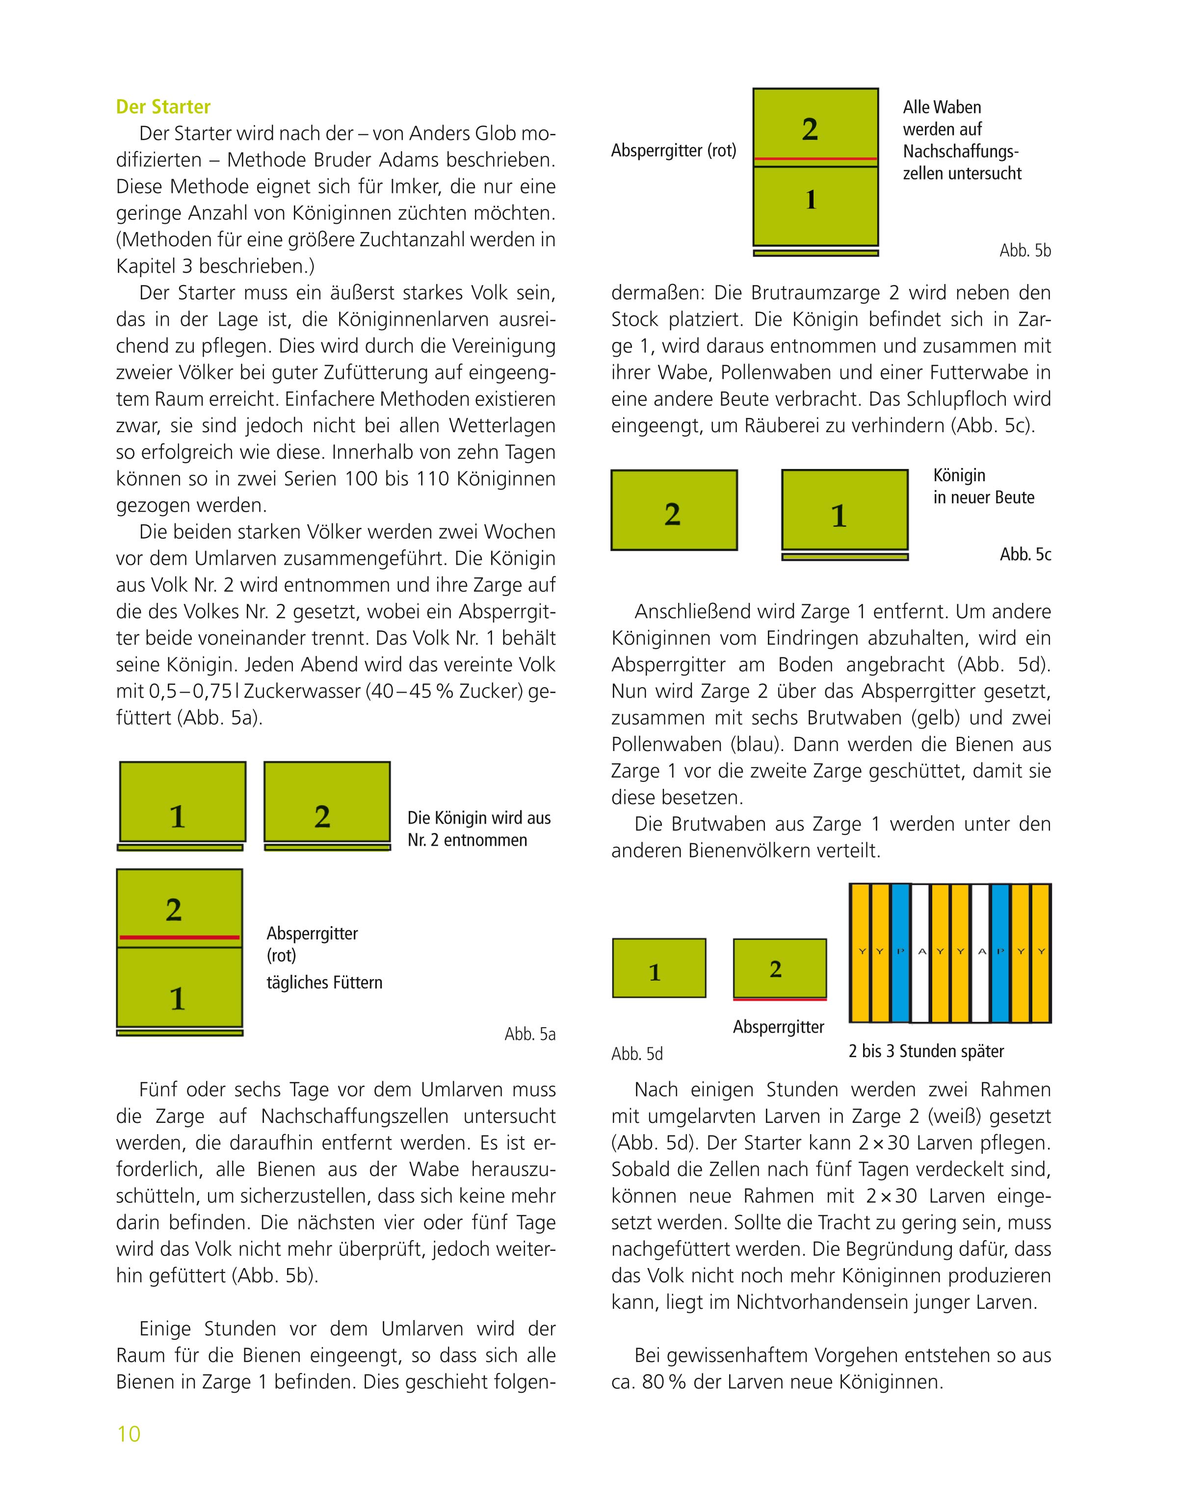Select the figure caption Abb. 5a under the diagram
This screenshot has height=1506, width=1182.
(529, 1034)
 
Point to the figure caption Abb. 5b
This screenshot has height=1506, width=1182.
(1025, 250)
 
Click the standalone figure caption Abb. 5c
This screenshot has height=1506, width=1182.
(1025, 554)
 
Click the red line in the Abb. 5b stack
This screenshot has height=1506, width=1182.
(815, 159)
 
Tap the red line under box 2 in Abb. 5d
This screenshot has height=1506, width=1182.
(780, 999)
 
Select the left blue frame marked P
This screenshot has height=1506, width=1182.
(900, 953)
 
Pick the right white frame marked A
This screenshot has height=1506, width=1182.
(981, 953)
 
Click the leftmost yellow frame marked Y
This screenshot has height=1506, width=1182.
(860, 953)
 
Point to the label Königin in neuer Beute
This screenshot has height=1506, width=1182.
(983, 486)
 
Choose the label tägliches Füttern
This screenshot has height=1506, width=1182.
(324, 982)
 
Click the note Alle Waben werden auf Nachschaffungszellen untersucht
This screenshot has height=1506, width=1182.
(961, 140)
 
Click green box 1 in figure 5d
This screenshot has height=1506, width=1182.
(659, 968)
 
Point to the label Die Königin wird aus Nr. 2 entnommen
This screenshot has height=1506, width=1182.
(478, 829)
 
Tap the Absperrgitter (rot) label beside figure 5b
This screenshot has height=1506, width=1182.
(673, 150)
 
